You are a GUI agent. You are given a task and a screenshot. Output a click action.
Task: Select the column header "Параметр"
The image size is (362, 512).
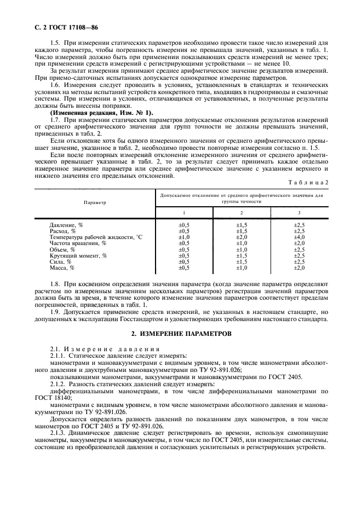tap(95, 202)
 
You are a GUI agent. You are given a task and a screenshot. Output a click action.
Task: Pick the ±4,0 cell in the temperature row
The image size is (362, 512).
tap(298, 237)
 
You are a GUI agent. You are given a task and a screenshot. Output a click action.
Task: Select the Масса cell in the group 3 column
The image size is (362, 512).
tap(298, 267)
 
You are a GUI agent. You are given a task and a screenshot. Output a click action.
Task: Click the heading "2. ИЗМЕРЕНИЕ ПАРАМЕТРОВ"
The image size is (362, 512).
tap(181, 333)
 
